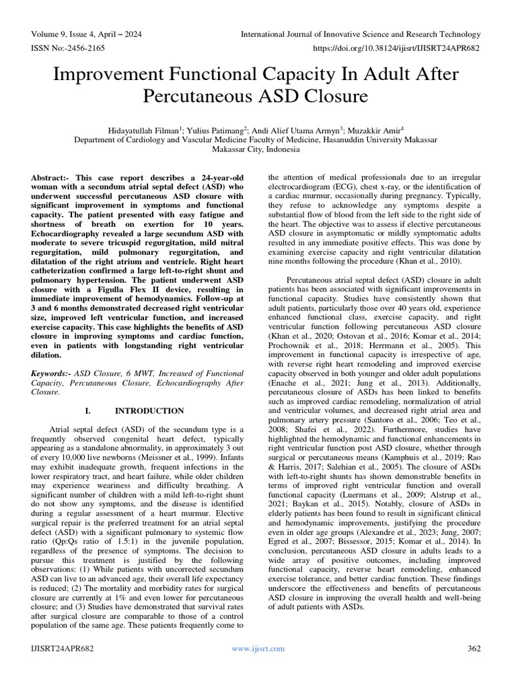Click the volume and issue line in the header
click(x=86, y=34)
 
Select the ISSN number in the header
click(x=67, y=49)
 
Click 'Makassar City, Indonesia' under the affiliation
click(x=256, y=150)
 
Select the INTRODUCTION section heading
click(x=150, y=411)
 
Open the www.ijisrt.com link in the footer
click(x=257, y=648)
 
